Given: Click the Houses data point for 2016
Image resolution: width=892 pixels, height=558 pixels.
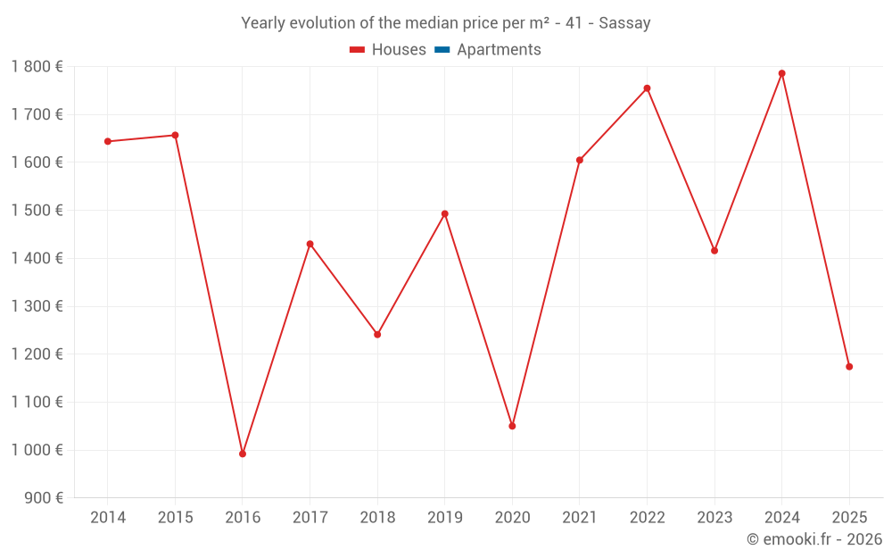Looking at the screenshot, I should point(243,454).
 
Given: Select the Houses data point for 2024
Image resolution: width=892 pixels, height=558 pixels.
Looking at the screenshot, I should point(781,73).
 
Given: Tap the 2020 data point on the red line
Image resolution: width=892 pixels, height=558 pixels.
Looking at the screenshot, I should point(512,426).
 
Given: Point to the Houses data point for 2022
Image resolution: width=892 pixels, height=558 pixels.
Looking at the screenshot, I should point(647,88).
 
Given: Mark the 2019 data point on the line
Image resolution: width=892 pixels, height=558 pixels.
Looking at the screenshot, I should point(444,214).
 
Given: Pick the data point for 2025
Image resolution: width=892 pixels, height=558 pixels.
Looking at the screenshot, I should point(849,367).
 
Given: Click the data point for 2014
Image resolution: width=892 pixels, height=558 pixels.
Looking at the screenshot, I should point(108,141).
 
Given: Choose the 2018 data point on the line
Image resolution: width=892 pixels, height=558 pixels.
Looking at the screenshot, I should point(377,335).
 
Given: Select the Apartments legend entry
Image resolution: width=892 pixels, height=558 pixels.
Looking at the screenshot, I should point(499,50).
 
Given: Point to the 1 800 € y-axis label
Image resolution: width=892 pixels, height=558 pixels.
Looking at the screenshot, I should point(37,67).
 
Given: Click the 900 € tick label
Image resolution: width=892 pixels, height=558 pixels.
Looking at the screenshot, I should point(44,498).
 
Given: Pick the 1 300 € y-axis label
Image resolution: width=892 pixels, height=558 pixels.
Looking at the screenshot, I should point(37,306).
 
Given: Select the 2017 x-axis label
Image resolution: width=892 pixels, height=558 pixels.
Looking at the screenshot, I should point(310,518).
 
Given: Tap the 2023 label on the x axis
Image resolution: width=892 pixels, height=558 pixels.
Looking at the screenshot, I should point(714,518).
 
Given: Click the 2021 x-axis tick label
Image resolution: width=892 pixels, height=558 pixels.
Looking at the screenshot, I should point(580,518).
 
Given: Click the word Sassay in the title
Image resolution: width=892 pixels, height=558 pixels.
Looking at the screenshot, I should point(624,23).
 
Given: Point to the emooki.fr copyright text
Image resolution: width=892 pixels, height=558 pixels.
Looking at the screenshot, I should point(814,539).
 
